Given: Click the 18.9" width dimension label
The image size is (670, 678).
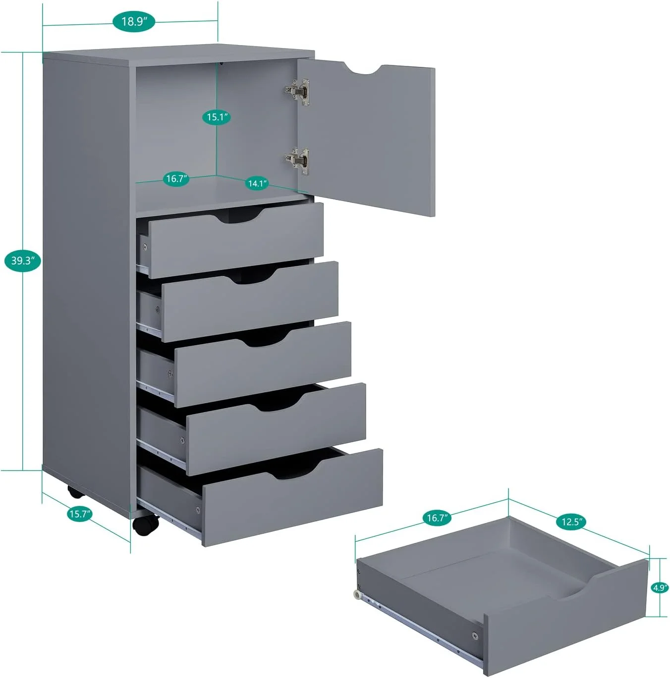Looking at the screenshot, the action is coord(134,21).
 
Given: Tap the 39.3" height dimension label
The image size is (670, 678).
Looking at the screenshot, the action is coord(23,261).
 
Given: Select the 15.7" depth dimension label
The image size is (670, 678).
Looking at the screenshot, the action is coord(80,514).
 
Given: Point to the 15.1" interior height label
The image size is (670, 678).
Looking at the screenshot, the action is coord(217,117).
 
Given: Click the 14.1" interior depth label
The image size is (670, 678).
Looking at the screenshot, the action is coord(257,183).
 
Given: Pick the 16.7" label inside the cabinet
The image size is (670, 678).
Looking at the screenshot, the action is coord(176,179).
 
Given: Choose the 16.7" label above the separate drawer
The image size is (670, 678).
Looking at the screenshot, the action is coord(437,518).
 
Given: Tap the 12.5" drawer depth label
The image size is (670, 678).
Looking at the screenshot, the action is coord(571,522).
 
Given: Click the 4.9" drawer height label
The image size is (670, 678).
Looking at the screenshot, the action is coord(660,587).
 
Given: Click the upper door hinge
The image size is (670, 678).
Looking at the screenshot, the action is coord(298,92).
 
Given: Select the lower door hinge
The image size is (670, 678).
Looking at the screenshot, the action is coord(298,161).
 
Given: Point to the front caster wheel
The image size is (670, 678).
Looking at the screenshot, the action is coord(144,525).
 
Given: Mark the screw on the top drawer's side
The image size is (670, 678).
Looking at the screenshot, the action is coord(145,247).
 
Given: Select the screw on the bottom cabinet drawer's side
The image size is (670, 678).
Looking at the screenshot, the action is coord(198,509).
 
